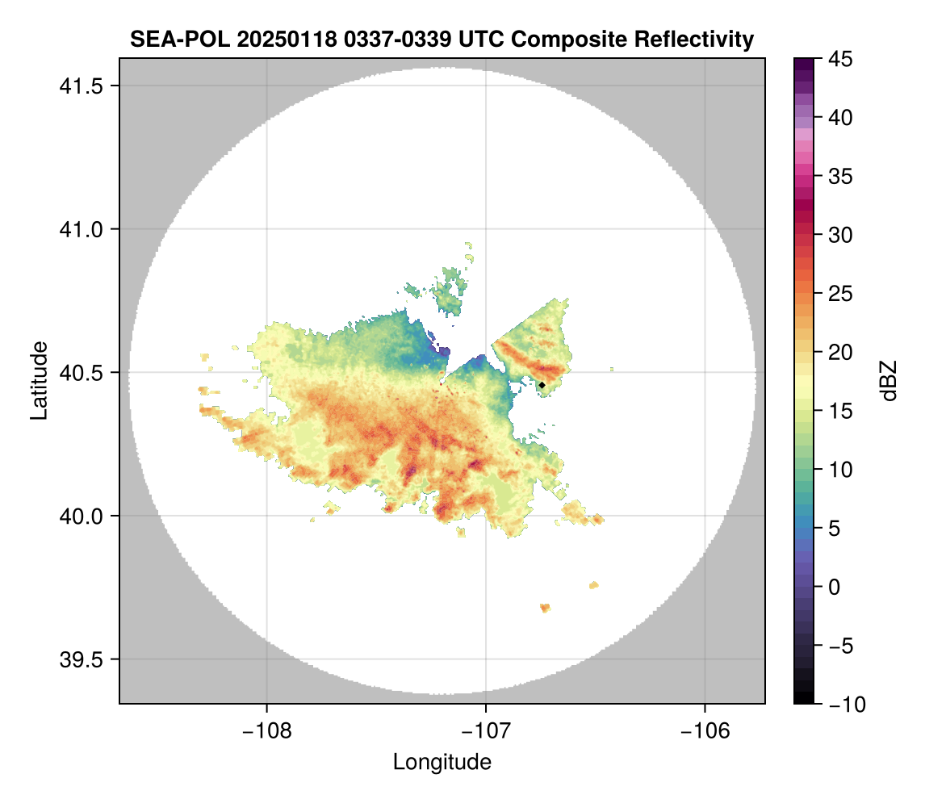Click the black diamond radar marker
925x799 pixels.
542,385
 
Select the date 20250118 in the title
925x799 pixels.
266,39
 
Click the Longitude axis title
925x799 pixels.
442,762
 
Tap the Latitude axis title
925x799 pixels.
39,380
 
